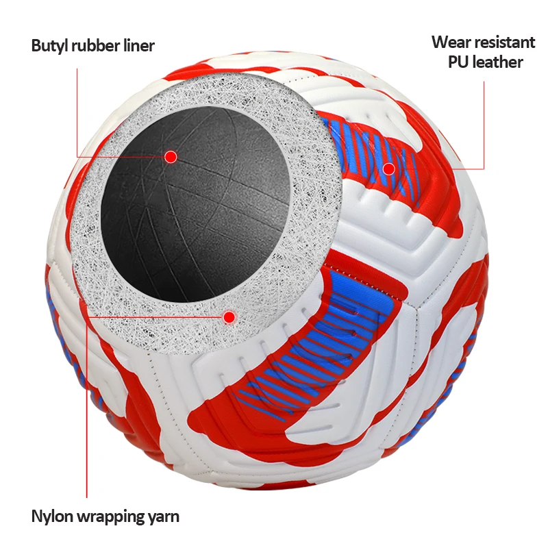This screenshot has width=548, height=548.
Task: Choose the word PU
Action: (459, 62)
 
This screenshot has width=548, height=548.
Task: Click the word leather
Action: (498, 62)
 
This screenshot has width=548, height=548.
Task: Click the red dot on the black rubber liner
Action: (171, 157)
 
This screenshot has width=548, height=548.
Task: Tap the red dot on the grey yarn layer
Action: (229, 316)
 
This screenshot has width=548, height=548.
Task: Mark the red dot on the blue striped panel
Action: (388, 168)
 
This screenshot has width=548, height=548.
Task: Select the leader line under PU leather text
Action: (484, 123)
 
